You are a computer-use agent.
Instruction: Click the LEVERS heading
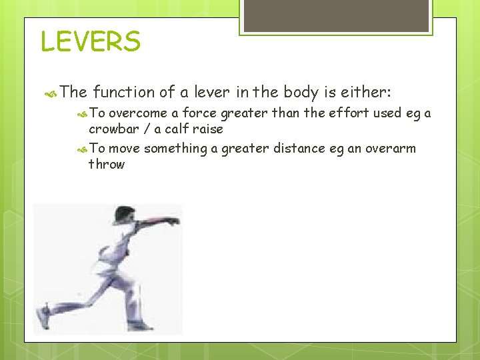(x=91, y=41)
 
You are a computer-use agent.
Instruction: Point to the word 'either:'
(x=371, y=91)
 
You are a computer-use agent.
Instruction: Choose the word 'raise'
(x=207, y=129)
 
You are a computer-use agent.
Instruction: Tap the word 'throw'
(x=107, y=164)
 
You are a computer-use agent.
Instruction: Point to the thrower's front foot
(x=140, y=325)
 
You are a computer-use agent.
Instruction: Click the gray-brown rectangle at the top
(x=336, y=15)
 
